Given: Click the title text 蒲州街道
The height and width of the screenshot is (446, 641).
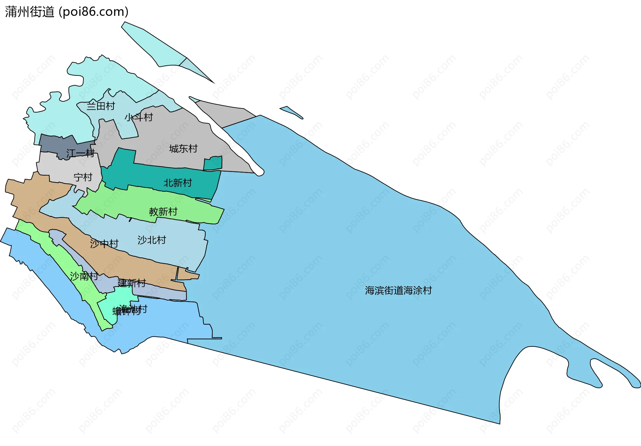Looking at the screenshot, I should [29, 12].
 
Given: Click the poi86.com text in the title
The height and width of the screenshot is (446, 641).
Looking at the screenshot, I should [93, 12].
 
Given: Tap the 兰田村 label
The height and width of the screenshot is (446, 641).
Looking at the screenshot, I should [101, 106].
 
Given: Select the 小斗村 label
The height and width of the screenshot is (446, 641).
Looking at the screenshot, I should [139, 117].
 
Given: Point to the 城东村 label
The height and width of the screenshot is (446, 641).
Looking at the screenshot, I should [183, 149].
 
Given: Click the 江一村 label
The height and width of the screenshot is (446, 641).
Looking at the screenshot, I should [80, 153].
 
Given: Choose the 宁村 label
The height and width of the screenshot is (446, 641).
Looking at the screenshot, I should [83, 177].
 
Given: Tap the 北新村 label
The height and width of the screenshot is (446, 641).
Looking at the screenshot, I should [178, 183].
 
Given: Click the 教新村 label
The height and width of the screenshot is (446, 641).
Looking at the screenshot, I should [163, 212].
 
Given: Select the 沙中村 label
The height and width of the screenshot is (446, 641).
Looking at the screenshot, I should [104, 244].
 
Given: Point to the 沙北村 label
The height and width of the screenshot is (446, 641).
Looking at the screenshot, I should [152, 240].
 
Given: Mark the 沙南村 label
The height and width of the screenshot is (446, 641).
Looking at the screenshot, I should [84, 276].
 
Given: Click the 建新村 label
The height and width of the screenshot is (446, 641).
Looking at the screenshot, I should [132, 283].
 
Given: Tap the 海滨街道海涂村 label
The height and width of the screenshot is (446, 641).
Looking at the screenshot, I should [398, 290].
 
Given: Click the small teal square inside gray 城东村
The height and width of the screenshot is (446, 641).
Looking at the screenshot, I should [213, 163].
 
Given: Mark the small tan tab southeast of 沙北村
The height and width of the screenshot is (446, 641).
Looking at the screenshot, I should [187, 274].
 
